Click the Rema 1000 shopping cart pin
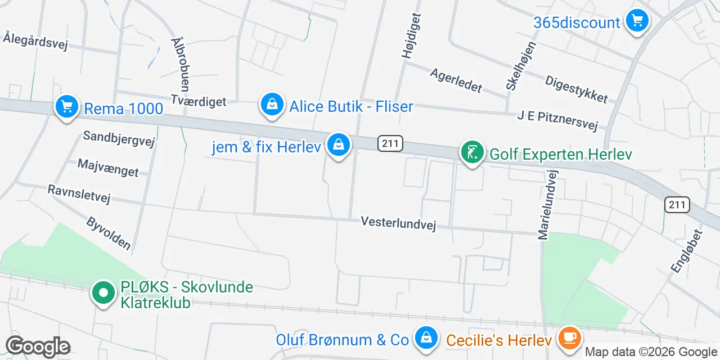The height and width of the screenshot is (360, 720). pos(66,106)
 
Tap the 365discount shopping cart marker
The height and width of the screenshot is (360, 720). pos(637,21)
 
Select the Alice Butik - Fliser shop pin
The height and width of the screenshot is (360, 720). pos(272,105)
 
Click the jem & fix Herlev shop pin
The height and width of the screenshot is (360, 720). pos(339,145)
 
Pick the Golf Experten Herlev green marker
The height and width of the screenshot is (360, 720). pos(472,152)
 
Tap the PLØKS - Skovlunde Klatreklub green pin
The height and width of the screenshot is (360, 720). pos(103,293)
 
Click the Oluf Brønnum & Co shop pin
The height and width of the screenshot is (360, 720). pos(426,338)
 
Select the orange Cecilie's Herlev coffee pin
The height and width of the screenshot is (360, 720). pos(570,338)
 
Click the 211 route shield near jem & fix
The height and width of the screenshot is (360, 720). pos(390,143)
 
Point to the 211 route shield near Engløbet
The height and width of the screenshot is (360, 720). pos(677,205)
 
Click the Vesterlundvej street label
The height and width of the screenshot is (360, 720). pos(399,223)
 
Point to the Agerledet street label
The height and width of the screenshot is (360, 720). pos(456,80)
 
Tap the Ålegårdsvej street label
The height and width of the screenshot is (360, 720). pos(35,41)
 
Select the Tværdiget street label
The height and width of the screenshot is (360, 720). pos(198,101)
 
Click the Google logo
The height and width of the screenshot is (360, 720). pos(38,346)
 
